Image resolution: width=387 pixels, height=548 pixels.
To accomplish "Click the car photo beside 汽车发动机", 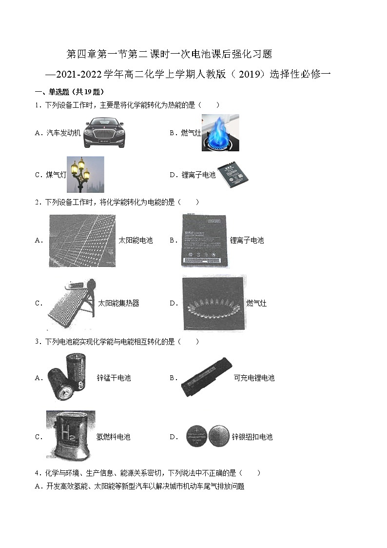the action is click(x=104, y=133).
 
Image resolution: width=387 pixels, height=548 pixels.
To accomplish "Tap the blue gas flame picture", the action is click(x=220, y=133).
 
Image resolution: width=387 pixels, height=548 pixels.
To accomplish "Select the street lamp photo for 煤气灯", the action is click(x=85, y=174).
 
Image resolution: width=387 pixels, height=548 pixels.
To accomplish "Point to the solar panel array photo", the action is click(x=82, y=241).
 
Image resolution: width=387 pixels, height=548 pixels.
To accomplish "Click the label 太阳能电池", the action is click(x=136, y=240).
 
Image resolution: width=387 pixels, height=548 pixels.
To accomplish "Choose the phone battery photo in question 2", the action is click(x=204, y=241).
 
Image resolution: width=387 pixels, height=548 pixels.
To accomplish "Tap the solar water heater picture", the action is click(x=72, y=303).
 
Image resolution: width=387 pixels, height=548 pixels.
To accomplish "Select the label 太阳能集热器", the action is click(x=118, y=303).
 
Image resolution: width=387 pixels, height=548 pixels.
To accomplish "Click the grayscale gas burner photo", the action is click(x=214, y=303).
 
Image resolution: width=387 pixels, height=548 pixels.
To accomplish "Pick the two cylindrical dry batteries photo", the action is click(x=67, y=377).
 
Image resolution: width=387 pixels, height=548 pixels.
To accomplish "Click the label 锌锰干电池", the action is click(x=114, y=378).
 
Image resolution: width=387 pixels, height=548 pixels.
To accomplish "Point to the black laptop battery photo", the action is click(x=206, y=377).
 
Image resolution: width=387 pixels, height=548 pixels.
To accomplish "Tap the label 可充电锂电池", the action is click(x=254, y=378).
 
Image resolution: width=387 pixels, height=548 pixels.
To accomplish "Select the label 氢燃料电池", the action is click(x=113, y=437).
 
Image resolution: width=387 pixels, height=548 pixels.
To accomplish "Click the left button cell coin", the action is click(x=196, y=437).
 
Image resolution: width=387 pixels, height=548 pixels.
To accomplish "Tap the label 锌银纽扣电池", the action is click(x=252, y=437).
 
